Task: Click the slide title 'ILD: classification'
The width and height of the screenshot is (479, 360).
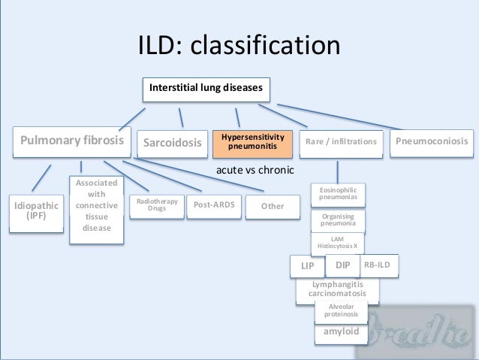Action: [x=239, y=46]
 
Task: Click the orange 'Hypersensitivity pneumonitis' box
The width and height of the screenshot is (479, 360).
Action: [x=252, y=142]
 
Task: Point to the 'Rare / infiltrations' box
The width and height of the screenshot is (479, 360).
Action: [x=342, y=142]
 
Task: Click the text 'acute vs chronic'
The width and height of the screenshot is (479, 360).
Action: [x=255, y=170]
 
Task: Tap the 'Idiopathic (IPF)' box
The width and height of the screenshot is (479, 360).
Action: [x=36, y=209]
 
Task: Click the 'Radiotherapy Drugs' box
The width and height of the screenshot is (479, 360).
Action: [x=156, y=205]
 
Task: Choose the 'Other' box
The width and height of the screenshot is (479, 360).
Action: [x=272, y=206]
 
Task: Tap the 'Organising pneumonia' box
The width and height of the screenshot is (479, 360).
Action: [x=338, y=220]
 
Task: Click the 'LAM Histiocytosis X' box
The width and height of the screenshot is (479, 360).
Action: [x=337, y=243]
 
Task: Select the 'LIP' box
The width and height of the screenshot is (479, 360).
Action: [x=307, y=266]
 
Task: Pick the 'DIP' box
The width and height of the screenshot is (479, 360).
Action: [x=342, y=265]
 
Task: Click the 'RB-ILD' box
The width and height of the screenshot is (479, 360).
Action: [x=379, y=265]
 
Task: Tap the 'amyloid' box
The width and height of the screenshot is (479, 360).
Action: [x=341, y=332]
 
